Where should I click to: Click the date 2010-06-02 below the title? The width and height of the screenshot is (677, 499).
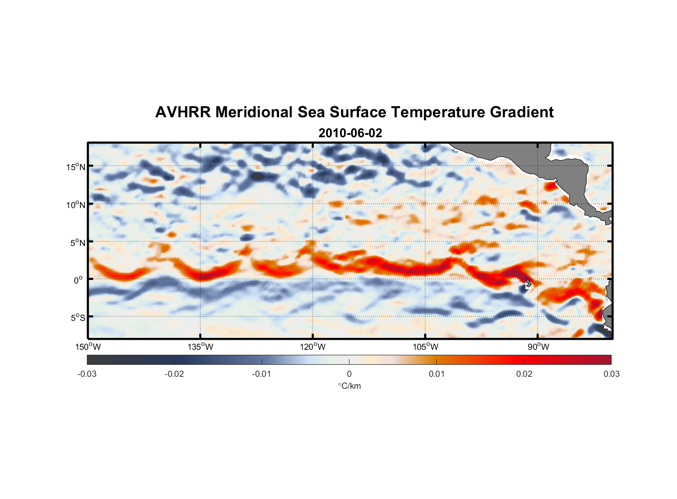[x=350, y=133]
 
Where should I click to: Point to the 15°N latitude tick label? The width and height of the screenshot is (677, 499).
[x=76, y=167]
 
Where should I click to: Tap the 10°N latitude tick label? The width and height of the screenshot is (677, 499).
[x=76, y=205]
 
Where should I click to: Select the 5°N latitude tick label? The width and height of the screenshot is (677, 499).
[x=77, y=243]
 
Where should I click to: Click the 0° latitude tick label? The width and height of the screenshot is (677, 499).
[x=78, y=280]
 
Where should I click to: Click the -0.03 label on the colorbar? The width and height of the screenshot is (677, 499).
[x=87, y=374]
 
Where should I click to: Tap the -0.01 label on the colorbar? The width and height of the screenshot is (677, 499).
[x=262, y=374]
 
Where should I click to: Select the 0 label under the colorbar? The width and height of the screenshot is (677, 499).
[x=349, y=374]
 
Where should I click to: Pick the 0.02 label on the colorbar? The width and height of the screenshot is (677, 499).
[x=524, y=374]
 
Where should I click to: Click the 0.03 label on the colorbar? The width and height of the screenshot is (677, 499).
[x=611, y=374]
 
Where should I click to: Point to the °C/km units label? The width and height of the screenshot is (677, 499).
[x=349, y=386]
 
